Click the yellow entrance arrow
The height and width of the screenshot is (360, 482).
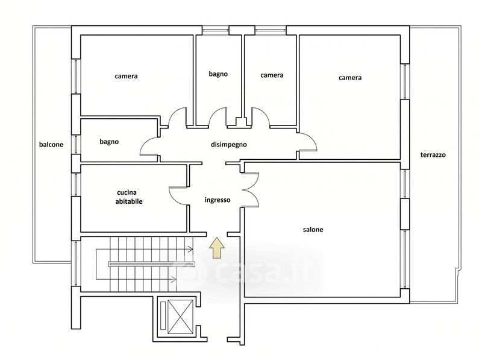217,247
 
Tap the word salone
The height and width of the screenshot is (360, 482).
313,230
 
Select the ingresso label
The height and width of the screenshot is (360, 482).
218,200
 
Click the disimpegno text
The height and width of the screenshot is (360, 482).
229,144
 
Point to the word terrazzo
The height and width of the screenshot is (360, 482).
433,155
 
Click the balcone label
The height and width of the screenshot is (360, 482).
51,144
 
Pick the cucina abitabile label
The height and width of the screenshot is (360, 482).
129,197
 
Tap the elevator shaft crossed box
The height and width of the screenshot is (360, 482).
180,317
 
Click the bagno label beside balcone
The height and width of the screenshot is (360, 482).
109,142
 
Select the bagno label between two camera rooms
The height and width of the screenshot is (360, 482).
218,74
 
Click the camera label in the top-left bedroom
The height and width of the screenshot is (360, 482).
126,76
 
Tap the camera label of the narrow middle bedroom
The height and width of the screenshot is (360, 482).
272,75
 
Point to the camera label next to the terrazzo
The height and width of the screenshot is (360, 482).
350,78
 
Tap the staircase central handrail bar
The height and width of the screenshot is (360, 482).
152,264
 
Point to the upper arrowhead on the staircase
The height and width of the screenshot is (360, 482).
191,249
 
